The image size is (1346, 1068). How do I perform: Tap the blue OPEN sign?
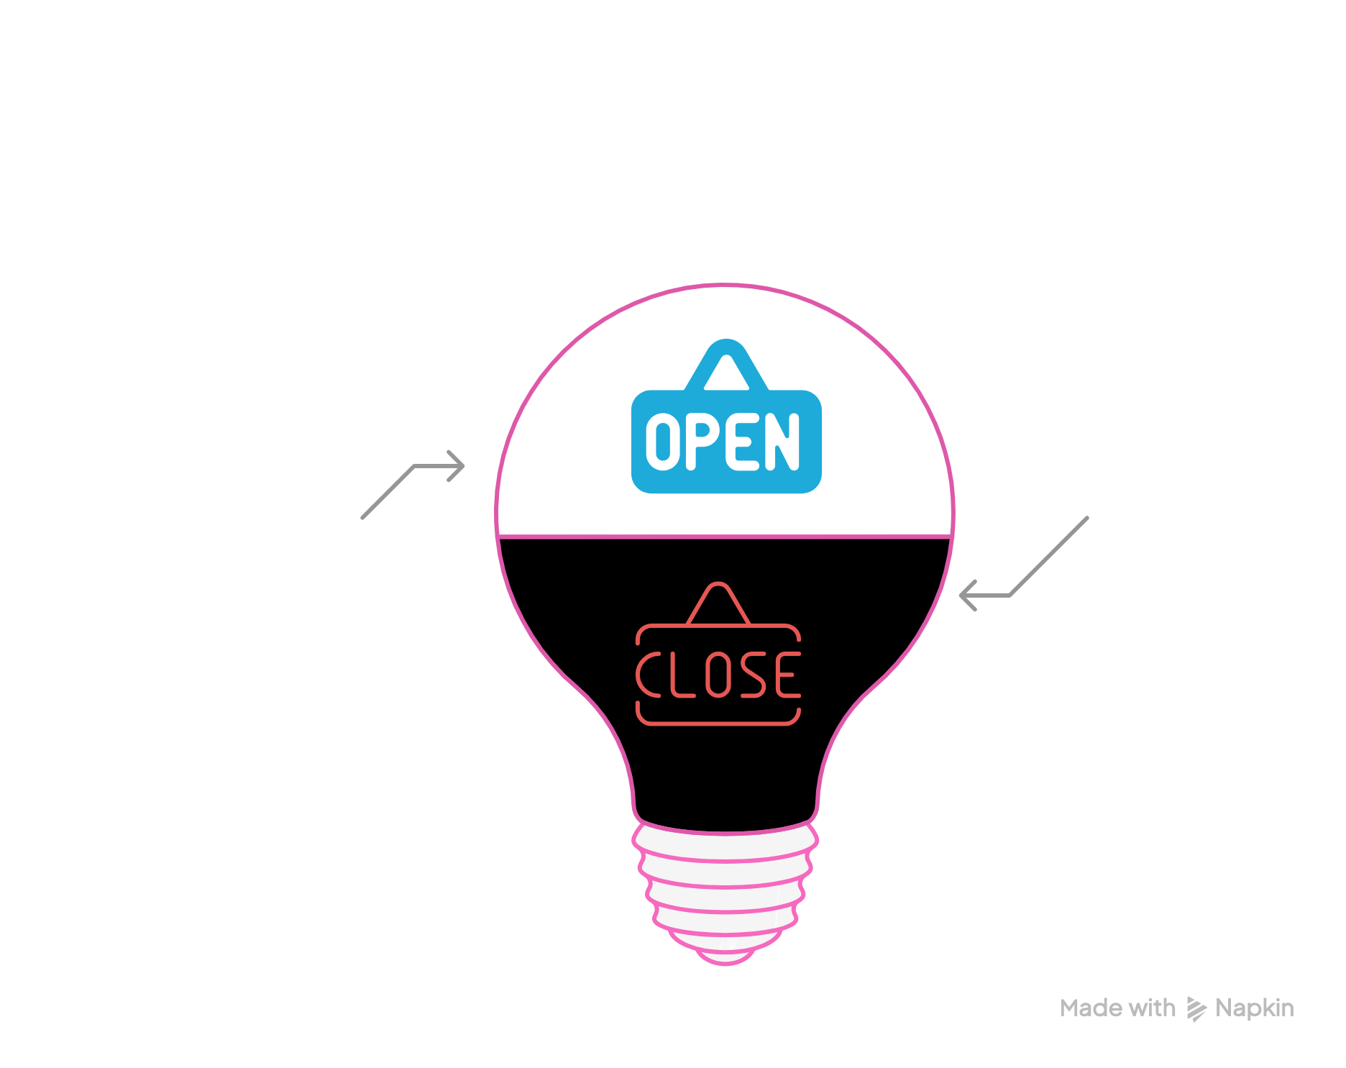(726, 440)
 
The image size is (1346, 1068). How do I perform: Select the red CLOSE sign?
(718, 675)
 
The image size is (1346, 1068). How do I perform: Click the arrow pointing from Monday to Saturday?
(413, 485)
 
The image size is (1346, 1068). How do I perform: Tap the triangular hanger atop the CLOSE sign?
(718, 604)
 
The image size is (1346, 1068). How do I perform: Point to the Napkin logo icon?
(1196, 1009)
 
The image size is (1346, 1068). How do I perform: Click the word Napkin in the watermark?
(1255, 1008)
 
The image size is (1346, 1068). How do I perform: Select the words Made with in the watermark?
(1117, 1008)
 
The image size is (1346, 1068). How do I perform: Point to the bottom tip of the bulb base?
(725, 959)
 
